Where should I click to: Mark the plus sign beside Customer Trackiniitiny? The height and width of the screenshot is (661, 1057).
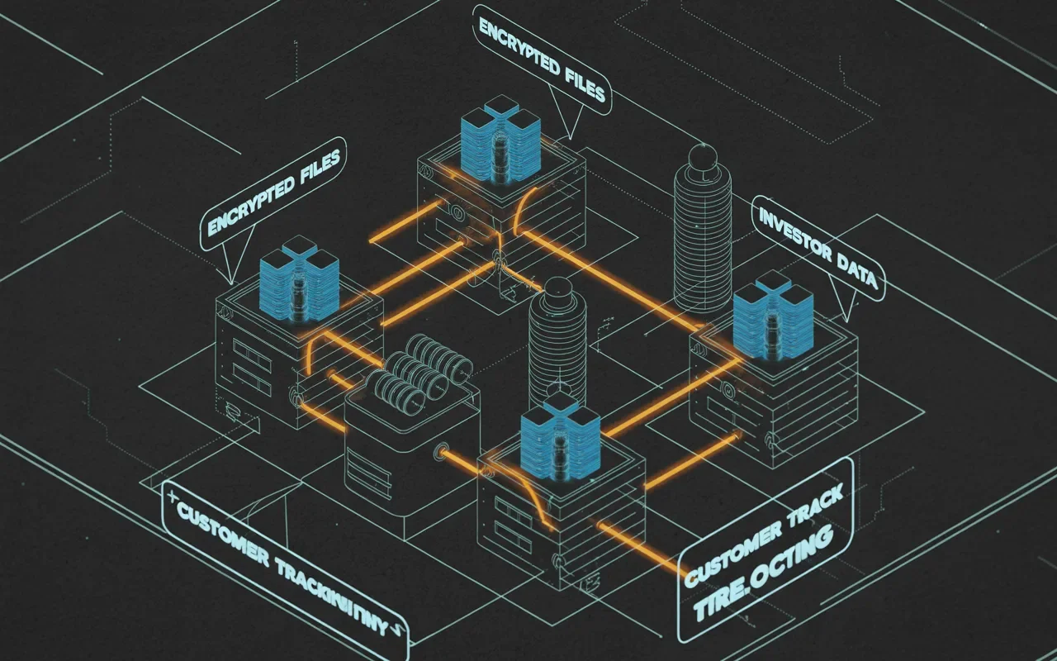tap(172, 497)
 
